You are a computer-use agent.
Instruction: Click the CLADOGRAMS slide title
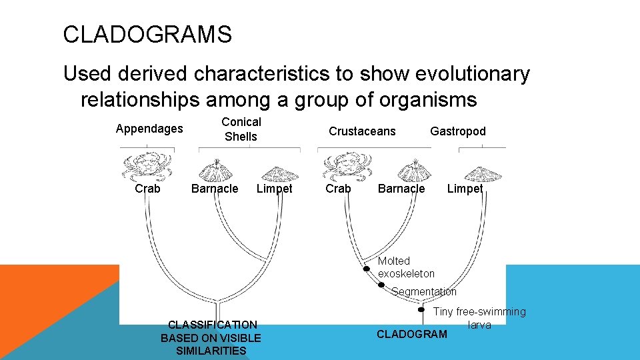(147, 34)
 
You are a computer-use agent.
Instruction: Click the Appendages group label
(149, 129)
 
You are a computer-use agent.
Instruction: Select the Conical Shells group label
(241, 129)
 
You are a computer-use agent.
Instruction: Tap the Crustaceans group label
(362, 131)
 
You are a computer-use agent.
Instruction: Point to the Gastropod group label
(458, 131)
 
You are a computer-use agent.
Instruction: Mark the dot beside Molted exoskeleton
(366, 269)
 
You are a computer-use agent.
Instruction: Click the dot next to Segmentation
(381, 285)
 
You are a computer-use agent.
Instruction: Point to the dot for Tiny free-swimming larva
(421, 309)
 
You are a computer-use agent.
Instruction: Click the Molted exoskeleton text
(406, 267)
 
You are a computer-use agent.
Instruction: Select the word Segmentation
(424, 291)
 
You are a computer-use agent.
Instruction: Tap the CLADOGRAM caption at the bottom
(412, 334)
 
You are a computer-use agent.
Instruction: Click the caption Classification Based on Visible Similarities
(211, 337)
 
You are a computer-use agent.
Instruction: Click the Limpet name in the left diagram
(274, 189)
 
